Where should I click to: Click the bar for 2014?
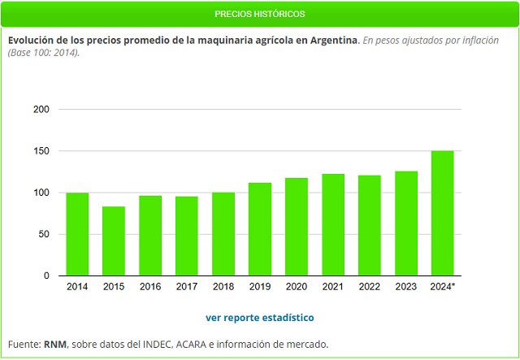[x=77, y=234]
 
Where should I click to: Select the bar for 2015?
[x=114, y=241]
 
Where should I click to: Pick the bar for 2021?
[x=333, y=225]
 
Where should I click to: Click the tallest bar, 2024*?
[x=443, y=213]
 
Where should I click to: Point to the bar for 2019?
[x=260, y=229]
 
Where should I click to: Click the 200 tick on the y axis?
[x=41, y=110]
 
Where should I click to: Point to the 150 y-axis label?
[x=41, y=151]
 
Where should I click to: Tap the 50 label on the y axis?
[x=44, y=235]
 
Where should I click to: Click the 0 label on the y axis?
[x=46, y=276]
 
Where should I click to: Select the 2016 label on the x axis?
[x=150, y=287]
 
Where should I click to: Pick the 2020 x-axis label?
[x=297, y=287]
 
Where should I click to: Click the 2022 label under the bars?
[x=370, y=287]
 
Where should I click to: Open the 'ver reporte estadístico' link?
[x=260, y=318]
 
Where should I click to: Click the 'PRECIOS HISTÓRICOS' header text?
[x=260, y=15]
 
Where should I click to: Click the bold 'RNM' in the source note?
[x=54, y=345]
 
